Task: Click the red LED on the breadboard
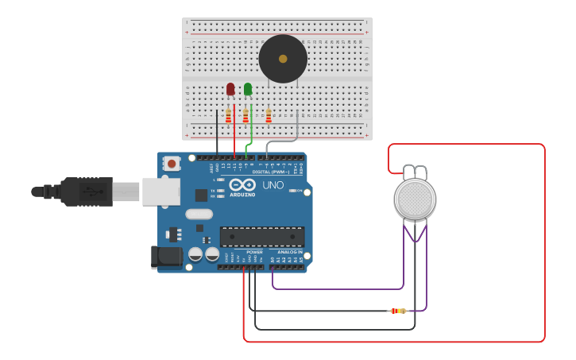(x=230, y=89)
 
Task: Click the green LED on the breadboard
(x=248, y=89)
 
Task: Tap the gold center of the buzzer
(x=283, y=59)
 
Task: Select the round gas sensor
(x=415, y=199)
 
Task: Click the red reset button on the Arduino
(x=172, y=164)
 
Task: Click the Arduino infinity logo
(x=242, y=185)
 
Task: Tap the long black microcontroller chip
(x=261, y=237)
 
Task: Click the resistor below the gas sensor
(x=398, y=311)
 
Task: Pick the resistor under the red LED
(x=229, y=117)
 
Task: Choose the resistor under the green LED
(x=245, y=117)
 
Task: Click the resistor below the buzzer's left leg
(x=269, y=117)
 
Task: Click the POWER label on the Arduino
(x=254, y=252)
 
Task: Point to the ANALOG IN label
(x=289, y=252)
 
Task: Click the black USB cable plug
(x=87, y=192)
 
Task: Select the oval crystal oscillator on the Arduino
(x=199, y=214)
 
